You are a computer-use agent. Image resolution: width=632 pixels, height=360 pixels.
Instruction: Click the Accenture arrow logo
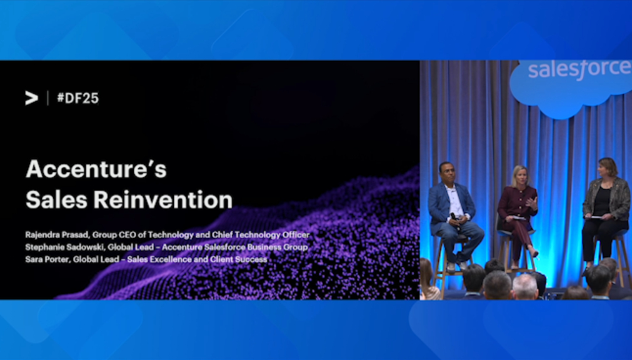coord(31,98)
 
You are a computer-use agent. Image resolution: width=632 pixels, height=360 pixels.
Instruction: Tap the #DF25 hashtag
coord(78,98)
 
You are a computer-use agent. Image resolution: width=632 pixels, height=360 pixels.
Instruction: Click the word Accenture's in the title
coord(96,169)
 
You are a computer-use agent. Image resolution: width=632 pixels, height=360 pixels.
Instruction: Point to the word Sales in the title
coord(56,199)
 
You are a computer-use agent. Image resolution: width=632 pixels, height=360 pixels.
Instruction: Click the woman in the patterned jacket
coord(604,214)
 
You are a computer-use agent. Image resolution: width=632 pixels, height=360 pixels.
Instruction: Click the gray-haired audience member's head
coord(524,286)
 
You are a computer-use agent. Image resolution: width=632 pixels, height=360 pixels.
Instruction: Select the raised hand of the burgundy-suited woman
coord(532,202)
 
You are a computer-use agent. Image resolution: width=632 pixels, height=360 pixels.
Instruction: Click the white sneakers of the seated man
coord(457,266)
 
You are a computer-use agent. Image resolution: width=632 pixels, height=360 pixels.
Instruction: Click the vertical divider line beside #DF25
coord(48,98)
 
